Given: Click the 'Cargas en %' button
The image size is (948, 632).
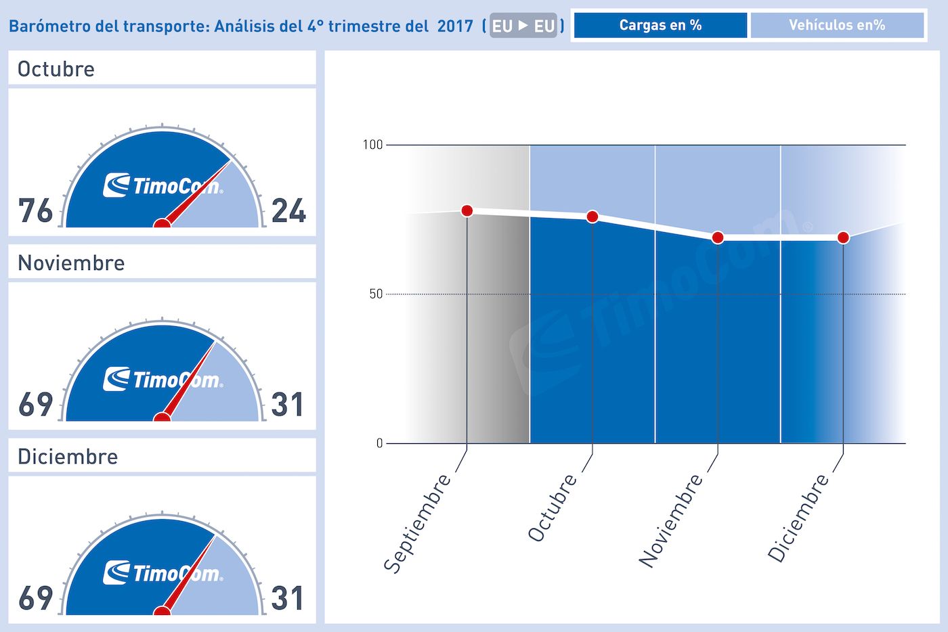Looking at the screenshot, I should (x=660, y=26).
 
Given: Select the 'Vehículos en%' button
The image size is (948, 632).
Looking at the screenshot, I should (x=837, y=26).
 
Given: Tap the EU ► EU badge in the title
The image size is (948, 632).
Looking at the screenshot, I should (x=523, y=26).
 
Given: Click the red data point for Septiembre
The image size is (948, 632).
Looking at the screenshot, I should (x=467, y=210).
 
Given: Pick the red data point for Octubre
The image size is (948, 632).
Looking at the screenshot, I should (x=592, y=217).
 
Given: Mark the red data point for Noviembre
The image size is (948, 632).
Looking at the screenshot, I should (x=718, y=238).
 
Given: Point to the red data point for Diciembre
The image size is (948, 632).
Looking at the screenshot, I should (x=843, y=238).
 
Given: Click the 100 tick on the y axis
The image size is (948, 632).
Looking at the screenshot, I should (x=372, y=145).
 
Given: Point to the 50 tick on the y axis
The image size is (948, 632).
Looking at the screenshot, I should (x=376, y=294).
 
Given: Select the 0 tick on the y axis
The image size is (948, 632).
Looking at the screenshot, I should (x=379, y=443).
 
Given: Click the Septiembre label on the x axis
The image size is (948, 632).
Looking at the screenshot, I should (x=417, y=523).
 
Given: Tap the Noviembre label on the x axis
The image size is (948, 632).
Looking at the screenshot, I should (x=671, y=520).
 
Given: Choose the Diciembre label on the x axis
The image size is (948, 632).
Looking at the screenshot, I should (x=798, y=518).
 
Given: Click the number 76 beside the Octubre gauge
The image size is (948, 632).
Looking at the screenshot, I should (x=35, y=210).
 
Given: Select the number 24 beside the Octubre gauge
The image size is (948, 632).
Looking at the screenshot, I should (x=288, y=210).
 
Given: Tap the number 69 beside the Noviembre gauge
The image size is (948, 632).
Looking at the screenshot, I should (x=35, y=405).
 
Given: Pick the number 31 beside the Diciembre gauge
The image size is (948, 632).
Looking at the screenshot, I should (x=288, y=598).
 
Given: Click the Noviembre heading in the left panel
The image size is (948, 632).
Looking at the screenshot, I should (x=71, y=263).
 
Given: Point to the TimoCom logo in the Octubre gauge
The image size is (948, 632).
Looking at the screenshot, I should (x=163, y=185).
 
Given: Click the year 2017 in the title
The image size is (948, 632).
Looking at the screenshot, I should (x=455, y=26).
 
